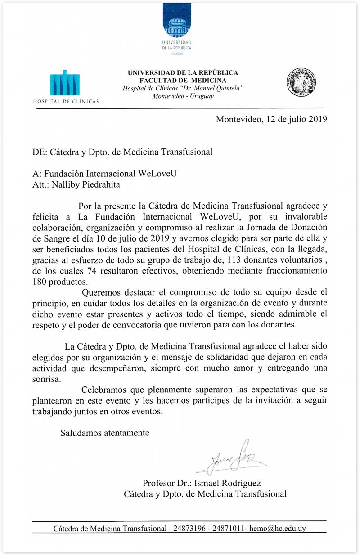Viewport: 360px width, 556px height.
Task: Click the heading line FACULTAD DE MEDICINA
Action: pyautogui.click(x=183, y=80)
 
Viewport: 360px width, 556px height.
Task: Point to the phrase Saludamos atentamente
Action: pyautogui.click(x=105, y=433)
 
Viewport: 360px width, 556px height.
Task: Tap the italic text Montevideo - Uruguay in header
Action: pyautogui.click(x=183, y=96)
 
